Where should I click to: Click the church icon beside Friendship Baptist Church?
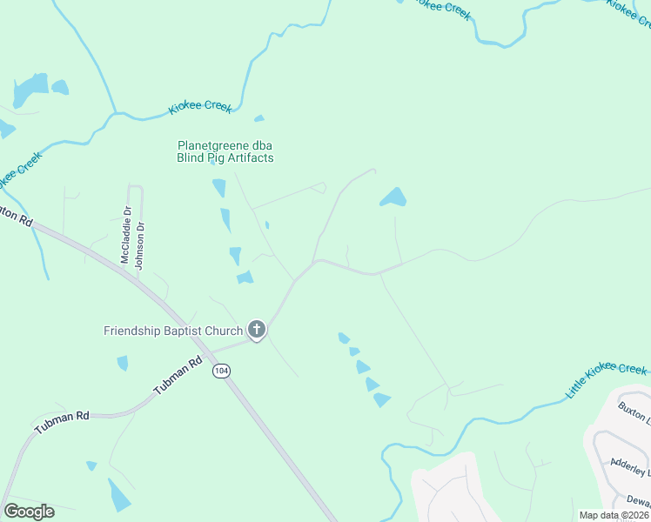click(256, 329)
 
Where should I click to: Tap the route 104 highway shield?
click(221, 371)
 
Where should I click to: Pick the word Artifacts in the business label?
click(248, 158)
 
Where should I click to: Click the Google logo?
click(28, 511)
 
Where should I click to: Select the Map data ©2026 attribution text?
click(613, 515)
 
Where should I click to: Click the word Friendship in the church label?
click(132, 331)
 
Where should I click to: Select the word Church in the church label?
click(223, 331)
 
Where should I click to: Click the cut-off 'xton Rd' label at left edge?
click(16, 217)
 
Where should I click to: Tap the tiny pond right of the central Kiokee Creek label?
click(258, 118)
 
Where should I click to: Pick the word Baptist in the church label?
click(183, 331)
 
